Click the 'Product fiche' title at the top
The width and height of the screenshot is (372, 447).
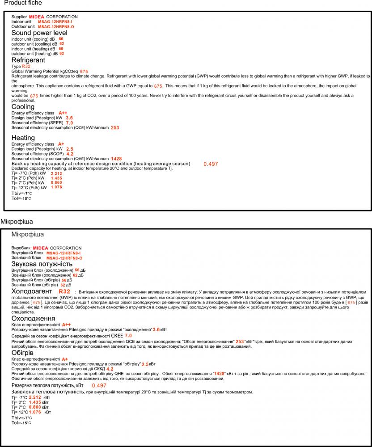(x=23, y=3)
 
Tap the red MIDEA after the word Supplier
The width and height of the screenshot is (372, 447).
(x=37, y=17)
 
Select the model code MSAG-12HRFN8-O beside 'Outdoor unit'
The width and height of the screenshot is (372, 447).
(x=56, y=27)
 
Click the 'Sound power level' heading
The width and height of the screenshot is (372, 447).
(x=39, y=33)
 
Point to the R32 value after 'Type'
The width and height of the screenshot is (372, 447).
(x=26, y=66)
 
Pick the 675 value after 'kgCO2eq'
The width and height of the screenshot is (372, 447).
(x=84, y=72)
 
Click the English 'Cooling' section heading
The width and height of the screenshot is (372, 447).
(x=23, y=107)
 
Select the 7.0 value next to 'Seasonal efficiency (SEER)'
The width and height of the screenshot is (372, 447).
(x=69, y=123)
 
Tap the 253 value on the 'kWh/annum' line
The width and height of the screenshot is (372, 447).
(x=115, y=128)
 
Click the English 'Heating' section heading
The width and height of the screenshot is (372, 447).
(x=23, y=138)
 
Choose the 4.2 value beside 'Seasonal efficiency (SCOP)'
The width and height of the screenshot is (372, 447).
(x=70, y=154)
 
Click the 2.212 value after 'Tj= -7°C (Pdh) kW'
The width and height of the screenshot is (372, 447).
(x=56, y=173)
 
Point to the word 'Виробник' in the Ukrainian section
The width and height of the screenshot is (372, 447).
(x=21, y=248)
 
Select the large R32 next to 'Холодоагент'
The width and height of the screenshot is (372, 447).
(x=64, y=292)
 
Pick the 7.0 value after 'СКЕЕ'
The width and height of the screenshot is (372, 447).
(x=128, y=335)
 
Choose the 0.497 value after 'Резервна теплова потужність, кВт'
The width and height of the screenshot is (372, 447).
(x=99, y=385)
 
